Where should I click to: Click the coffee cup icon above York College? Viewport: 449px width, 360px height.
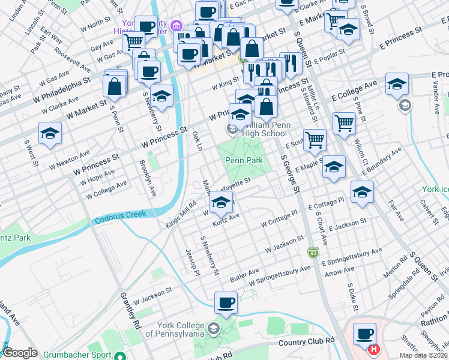[x=226, y=302]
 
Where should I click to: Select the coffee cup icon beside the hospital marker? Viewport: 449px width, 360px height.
[x=364, y=333]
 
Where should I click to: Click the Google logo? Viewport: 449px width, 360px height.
[x=20, y=353]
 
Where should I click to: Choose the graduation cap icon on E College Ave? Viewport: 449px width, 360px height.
[x=397, y=84]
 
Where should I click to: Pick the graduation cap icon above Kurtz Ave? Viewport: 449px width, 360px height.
[x=221, y=203]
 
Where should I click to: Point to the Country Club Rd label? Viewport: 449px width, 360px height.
[x=307, y=341]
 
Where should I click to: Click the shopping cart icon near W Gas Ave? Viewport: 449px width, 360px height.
[x=133, y=43]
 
